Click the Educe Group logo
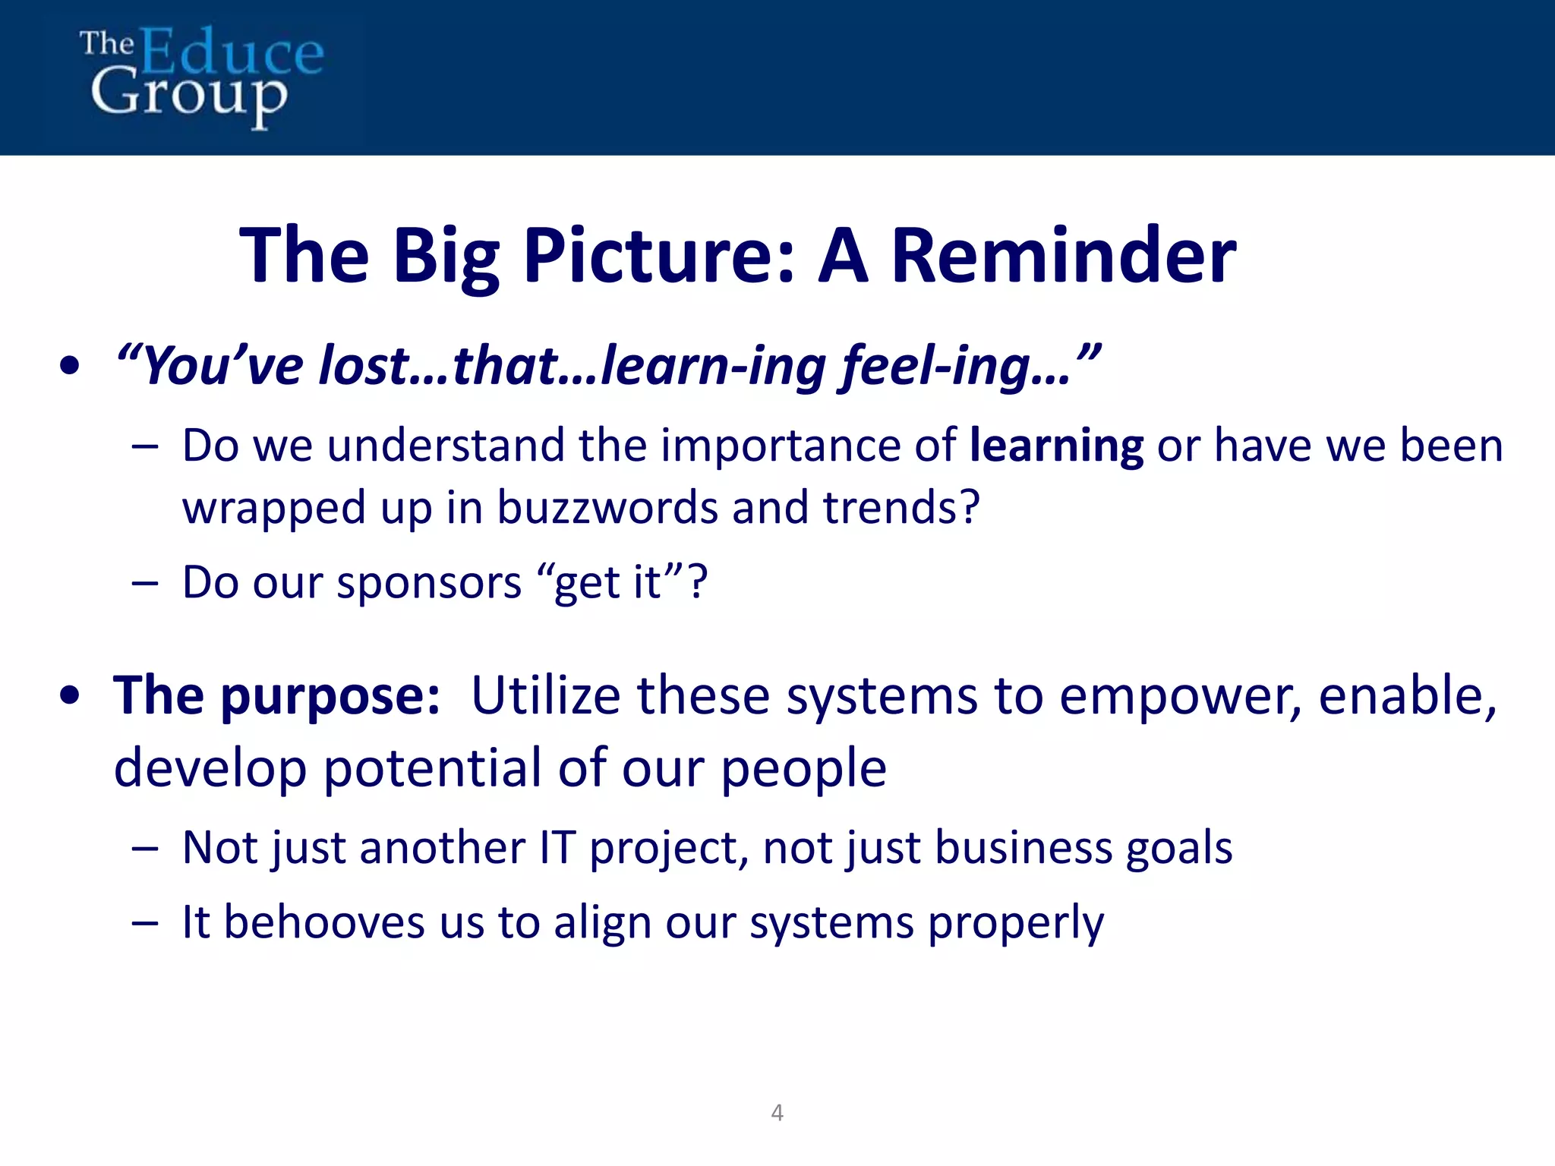(201, 76)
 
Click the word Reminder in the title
(1063, 256)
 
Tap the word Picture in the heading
(658, 256)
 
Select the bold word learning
(1056, 446)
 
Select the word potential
(434, 768)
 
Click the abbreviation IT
(557, 847)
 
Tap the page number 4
(777, 1113)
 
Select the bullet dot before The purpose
(69, 696)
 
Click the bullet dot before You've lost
(69, 367)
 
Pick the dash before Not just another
(144, 848)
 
